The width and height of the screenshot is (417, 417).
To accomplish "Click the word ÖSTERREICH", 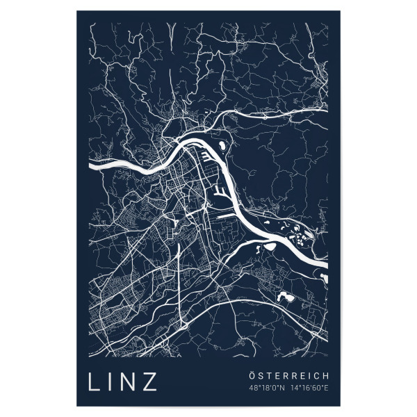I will pyautogui.click(x=288, y=375).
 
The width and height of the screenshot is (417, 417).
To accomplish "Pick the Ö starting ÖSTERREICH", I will pyautogui.click(x=252, y=375).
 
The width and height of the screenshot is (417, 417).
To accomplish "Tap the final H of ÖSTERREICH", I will pyautogui.click(x=326, y=375).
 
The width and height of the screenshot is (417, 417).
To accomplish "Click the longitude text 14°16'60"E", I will pyautogui.click(x=309, y=388).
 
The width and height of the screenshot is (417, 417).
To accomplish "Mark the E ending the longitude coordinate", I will pyautogui.click(x=327, y=388).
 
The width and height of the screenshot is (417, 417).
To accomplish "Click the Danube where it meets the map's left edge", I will pyautogui.click(x=92, y=166).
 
